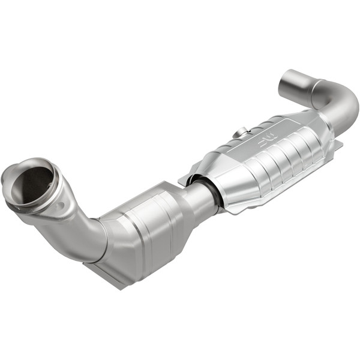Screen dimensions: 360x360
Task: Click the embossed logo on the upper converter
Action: click(x=266, y=142)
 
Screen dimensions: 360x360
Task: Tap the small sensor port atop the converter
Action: click(x=242, y=131)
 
